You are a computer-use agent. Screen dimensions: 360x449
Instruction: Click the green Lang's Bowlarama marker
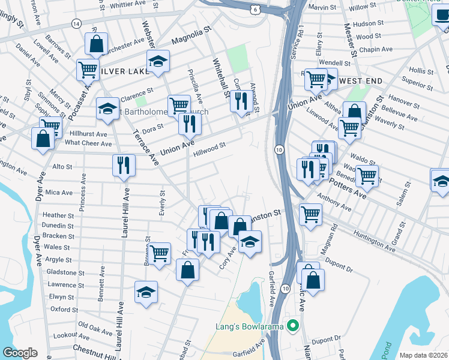(x=293, y=326)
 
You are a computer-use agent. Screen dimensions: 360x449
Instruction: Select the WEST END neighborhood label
(x=361, y=80)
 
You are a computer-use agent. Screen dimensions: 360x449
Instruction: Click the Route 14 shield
(x=76, y=23)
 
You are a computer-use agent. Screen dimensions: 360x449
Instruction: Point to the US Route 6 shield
(x=256, y=8)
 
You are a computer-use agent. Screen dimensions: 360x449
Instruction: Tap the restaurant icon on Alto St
(x=123, y=165)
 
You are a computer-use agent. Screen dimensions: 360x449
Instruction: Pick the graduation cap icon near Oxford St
(x=146, y=292)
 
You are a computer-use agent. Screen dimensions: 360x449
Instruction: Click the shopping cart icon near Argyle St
(x=159, y=253)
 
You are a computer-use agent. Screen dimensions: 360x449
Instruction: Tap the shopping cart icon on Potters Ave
(x=367, y=176)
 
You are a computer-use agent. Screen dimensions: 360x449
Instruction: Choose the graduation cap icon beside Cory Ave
(x=250, y=242)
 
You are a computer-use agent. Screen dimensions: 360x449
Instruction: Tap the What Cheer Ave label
(x=88, y=143)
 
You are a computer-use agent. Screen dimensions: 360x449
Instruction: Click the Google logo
(x=20, y=353)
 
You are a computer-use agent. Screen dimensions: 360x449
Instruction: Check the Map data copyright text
(x=424, y=355)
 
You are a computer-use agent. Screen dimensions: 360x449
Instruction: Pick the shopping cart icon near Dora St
(x=179, y=106)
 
